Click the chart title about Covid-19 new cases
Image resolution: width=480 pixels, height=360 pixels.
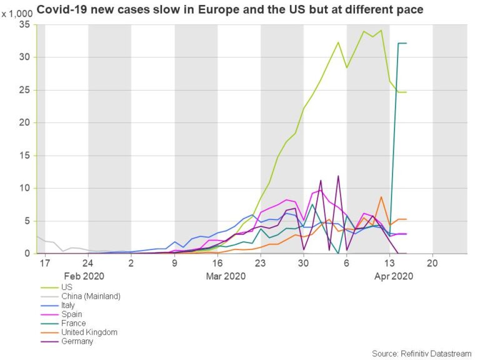[x=230, y=10]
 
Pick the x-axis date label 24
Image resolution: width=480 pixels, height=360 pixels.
[x=87, y=263]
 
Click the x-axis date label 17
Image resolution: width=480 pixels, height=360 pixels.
[x=44, y=263]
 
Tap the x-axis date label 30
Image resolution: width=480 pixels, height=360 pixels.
[x=303, y=263]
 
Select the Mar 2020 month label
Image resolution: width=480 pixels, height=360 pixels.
[x=226, y=276]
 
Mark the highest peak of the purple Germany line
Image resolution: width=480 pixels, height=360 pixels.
[x=338, y=176]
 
